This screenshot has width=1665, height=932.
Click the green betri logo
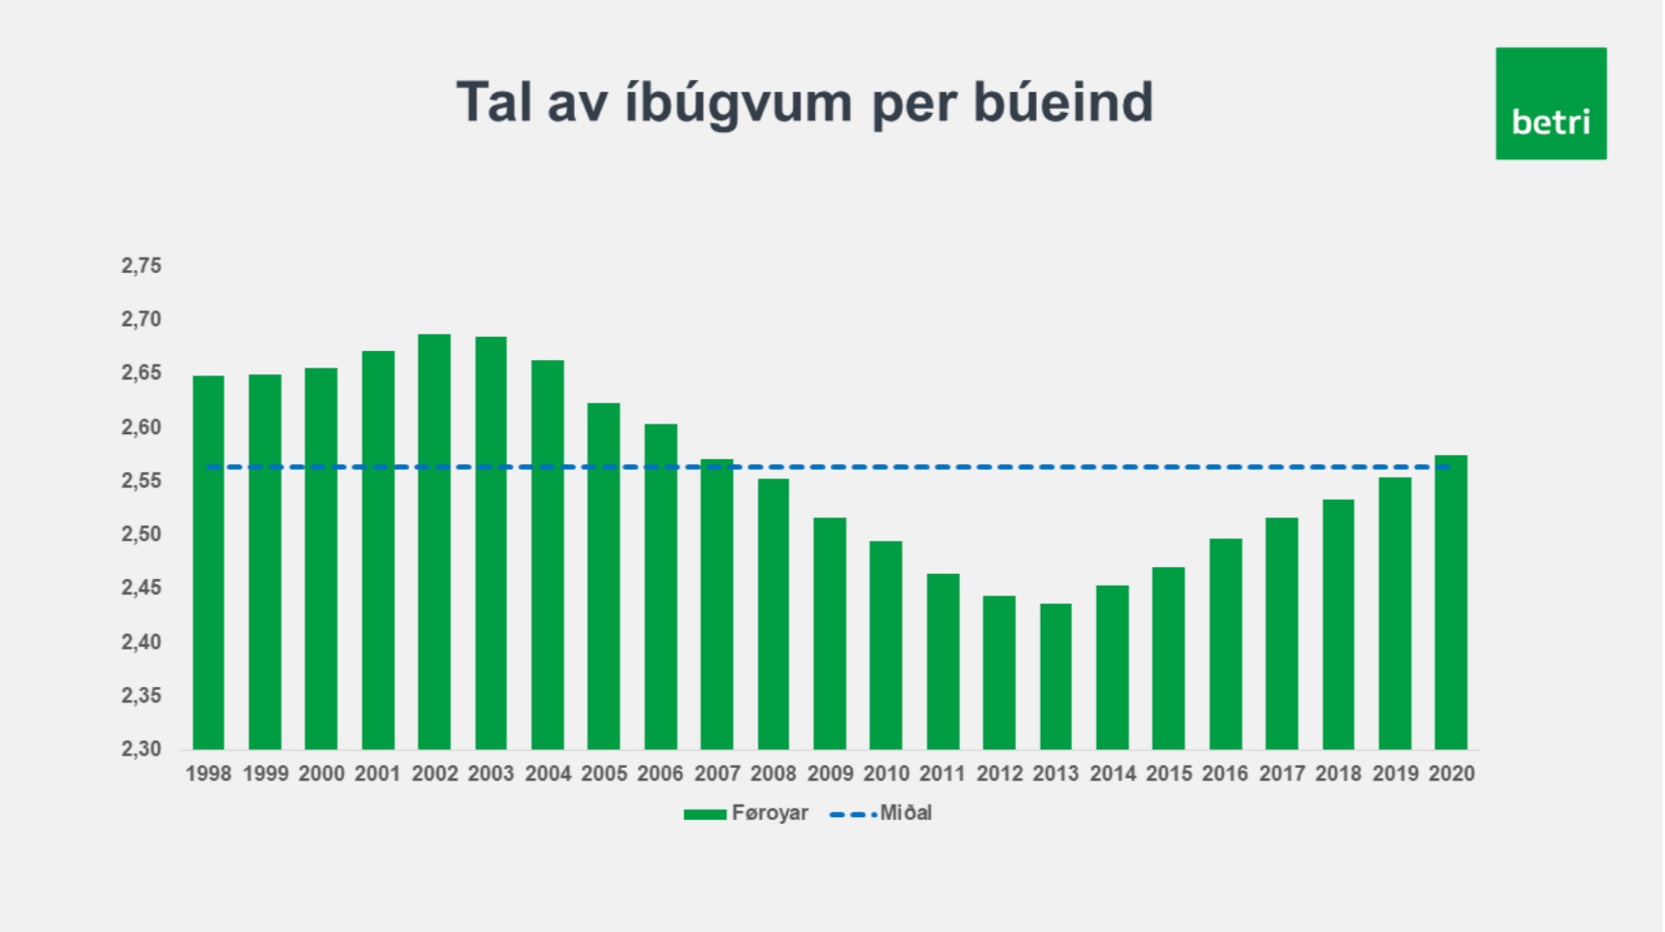(x=1551, y=103)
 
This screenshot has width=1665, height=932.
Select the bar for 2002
(x=434, y=541)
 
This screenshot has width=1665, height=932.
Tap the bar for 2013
(x=1055, y=676)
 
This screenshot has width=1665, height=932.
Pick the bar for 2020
(x=1451, y=602)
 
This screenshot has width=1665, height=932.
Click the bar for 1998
(x=208, y=562)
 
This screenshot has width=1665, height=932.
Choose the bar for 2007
(x=717, y=604)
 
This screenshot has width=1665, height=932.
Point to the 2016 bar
(x=1225, y=644)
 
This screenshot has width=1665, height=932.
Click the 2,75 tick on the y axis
(x=141, y=265)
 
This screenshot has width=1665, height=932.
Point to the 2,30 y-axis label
(x=141, y=749)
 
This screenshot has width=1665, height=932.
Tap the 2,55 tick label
(x=141, y=480)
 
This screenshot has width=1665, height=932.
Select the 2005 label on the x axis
(x=604, y=774)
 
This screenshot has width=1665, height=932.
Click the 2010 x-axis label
(x=887, y=774)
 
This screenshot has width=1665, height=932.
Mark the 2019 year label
(x=1395, y=774)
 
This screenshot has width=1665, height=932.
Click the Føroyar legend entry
(x=746, y=813)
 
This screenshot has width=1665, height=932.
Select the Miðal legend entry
(x=881, y=813)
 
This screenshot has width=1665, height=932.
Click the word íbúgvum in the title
(x=738, y=103)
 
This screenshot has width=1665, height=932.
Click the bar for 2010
(x=886, y=645)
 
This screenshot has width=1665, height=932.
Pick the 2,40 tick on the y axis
(x=141, y=642)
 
